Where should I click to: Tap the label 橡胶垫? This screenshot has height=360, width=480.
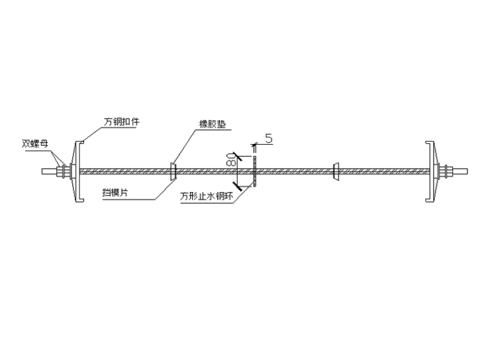coord(212,125)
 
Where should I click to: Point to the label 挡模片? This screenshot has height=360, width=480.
coord(116,193)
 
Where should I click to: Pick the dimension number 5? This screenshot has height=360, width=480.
coord(268,138)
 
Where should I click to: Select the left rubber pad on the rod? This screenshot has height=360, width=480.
coord(172,171)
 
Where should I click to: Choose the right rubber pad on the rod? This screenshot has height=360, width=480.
coord(336,171)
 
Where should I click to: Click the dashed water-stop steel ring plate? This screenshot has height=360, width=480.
coord(253,171)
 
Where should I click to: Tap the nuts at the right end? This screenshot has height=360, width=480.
coord(448,171)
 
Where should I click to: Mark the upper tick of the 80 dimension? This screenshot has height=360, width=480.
coord(234,155)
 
